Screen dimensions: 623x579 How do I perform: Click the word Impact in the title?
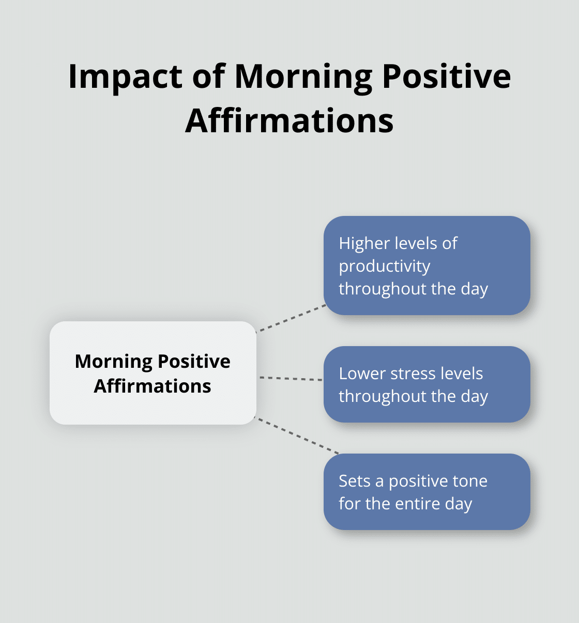[126, 77]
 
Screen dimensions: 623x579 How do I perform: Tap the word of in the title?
[208, 77]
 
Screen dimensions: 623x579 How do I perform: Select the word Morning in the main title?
[303, 77]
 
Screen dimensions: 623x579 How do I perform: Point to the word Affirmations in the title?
[289, 121]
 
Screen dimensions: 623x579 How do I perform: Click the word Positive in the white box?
[194, 361]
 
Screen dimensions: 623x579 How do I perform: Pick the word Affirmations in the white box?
[153, 386]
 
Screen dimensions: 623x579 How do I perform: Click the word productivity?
[385, 266]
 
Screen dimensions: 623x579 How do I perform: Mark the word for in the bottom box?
[349, 504]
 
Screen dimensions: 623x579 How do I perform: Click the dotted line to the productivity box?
[290, 319]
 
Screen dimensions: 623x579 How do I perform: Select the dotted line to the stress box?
[290, 379]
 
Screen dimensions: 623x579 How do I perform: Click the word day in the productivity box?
[474, 289]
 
